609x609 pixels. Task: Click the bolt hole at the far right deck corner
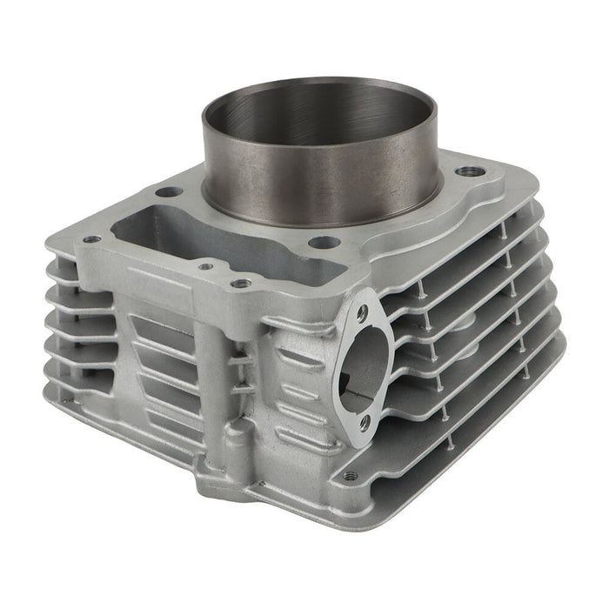(x=471, y=171)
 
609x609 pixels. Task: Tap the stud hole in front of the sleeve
(x=324, y=242)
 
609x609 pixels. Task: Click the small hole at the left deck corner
(x=91, y=238)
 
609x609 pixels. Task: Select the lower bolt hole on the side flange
(x=365, y=423)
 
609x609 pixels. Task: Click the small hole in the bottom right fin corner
(x=351, y=476)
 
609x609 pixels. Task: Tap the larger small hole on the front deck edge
(x=241, y=283)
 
